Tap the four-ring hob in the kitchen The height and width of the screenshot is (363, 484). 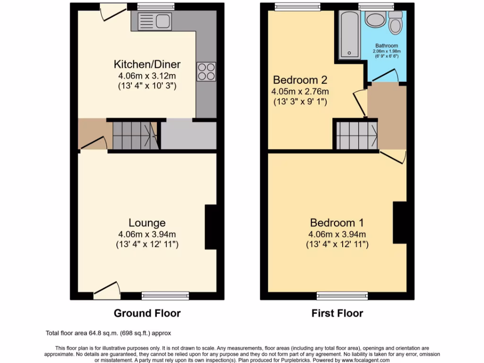click(x=206, y=71)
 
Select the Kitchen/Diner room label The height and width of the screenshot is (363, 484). click(x=147, y=64)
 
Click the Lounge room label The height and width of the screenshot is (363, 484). click(x=147, y=223)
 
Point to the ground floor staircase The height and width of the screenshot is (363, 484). click(x=135, y=136)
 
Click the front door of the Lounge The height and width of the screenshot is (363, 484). click(x=107, y=289)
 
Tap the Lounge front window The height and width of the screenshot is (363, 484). click(x=165, y=296)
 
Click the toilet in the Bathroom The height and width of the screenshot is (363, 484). click(x=395, y=22)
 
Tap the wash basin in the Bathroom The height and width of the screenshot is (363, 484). click(x=376, y=20)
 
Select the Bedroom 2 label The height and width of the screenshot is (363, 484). click(x=300, y=79)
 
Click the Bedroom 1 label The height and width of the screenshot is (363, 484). click(x=337, y=223)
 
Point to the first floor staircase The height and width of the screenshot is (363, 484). click(x=357, y=135)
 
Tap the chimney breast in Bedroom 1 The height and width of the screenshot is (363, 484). click(x=399, y=223)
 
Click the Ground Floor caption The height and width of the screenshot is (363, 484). click(x=147, y=313)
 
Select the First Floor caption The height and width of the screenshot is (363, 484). click(x=337, y=313)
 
